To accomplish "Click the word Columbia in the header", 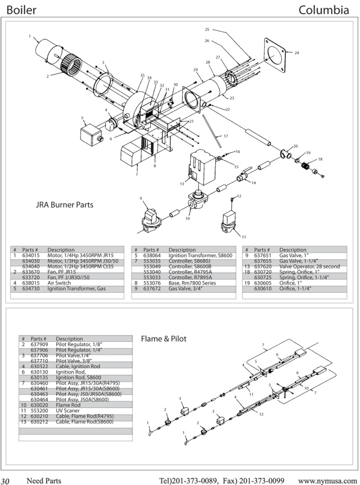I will point(323,10).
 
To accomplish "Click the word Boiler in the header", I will point(21,10).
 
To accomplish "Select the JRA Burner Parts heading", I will point(65,205).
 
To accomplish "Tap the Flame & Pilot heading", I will point(164,339).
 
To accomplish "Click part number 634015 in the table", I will point(31,256).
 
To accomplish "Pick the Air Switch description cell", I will point(59,283).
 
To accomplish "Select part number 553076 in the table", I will point(152,283).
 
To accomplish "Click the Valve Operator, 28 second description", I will point(309,267).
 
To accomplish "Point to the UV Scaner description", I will point(68,411).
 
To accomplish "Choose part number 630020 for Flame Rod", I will point(39,405).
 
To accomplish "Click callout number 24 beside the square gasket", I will point(297,53).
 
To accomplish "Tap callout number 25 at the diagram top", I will point(207,29).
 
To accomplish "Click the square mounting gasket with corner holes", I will point(274,55).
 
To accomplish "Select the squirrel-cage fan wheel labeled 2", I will point(71,65).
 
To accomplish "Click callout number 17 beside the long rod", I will point(226,136).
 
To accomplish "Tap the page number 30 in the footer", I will point(5,481).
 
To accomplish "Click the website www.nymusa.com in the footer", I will point(327,481).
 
